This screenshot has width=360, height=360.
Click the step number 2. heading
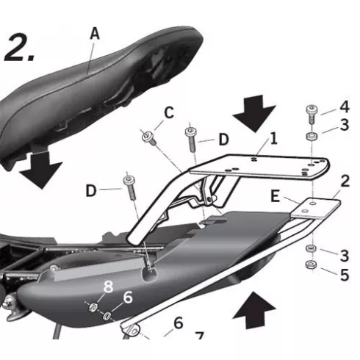tap(20, 48)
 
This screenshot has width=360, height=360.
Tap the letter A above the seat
tap(95, 33)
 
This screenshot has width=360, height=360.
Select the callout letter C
tap(169, 113)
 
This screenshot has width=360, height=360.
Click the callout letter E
tap(276, 196)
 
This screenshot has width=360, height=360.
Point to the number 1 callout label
tap(274, 139)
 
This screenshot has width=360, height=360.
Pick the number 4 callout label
tap(345, 107)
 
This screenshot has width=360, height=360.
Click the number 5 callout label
tap(345, 275)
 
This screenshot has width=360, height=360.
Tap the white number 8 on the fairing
tap(108, 287)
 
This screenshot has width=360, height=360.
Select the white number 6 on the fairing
tap(128, 297)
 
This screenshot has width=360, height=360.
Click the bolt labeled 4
tap(311, 114)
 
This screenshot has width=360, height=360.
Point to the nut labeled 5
tap(311, 264)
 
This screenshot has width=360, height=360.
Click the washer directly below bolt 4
tap(312, 136)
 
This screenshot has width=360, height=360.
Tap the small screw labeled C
tap(148, 137)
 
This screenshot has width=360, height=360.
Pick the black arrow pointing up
tap(254, 310)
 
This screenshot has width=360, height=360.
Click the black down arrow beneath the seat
tap(40, 170)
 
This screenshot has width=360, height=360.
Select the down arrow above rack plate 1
tap(254, 114)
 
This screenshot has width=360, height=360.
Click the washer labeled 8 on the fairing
tap(93, 307)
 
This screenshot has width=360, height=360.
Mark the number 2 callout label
tap(345, 181)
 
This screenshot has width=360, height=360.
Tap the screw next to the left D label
tap(130, 187)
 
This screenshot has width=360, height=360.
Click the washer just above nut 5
tap(311, 248)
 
